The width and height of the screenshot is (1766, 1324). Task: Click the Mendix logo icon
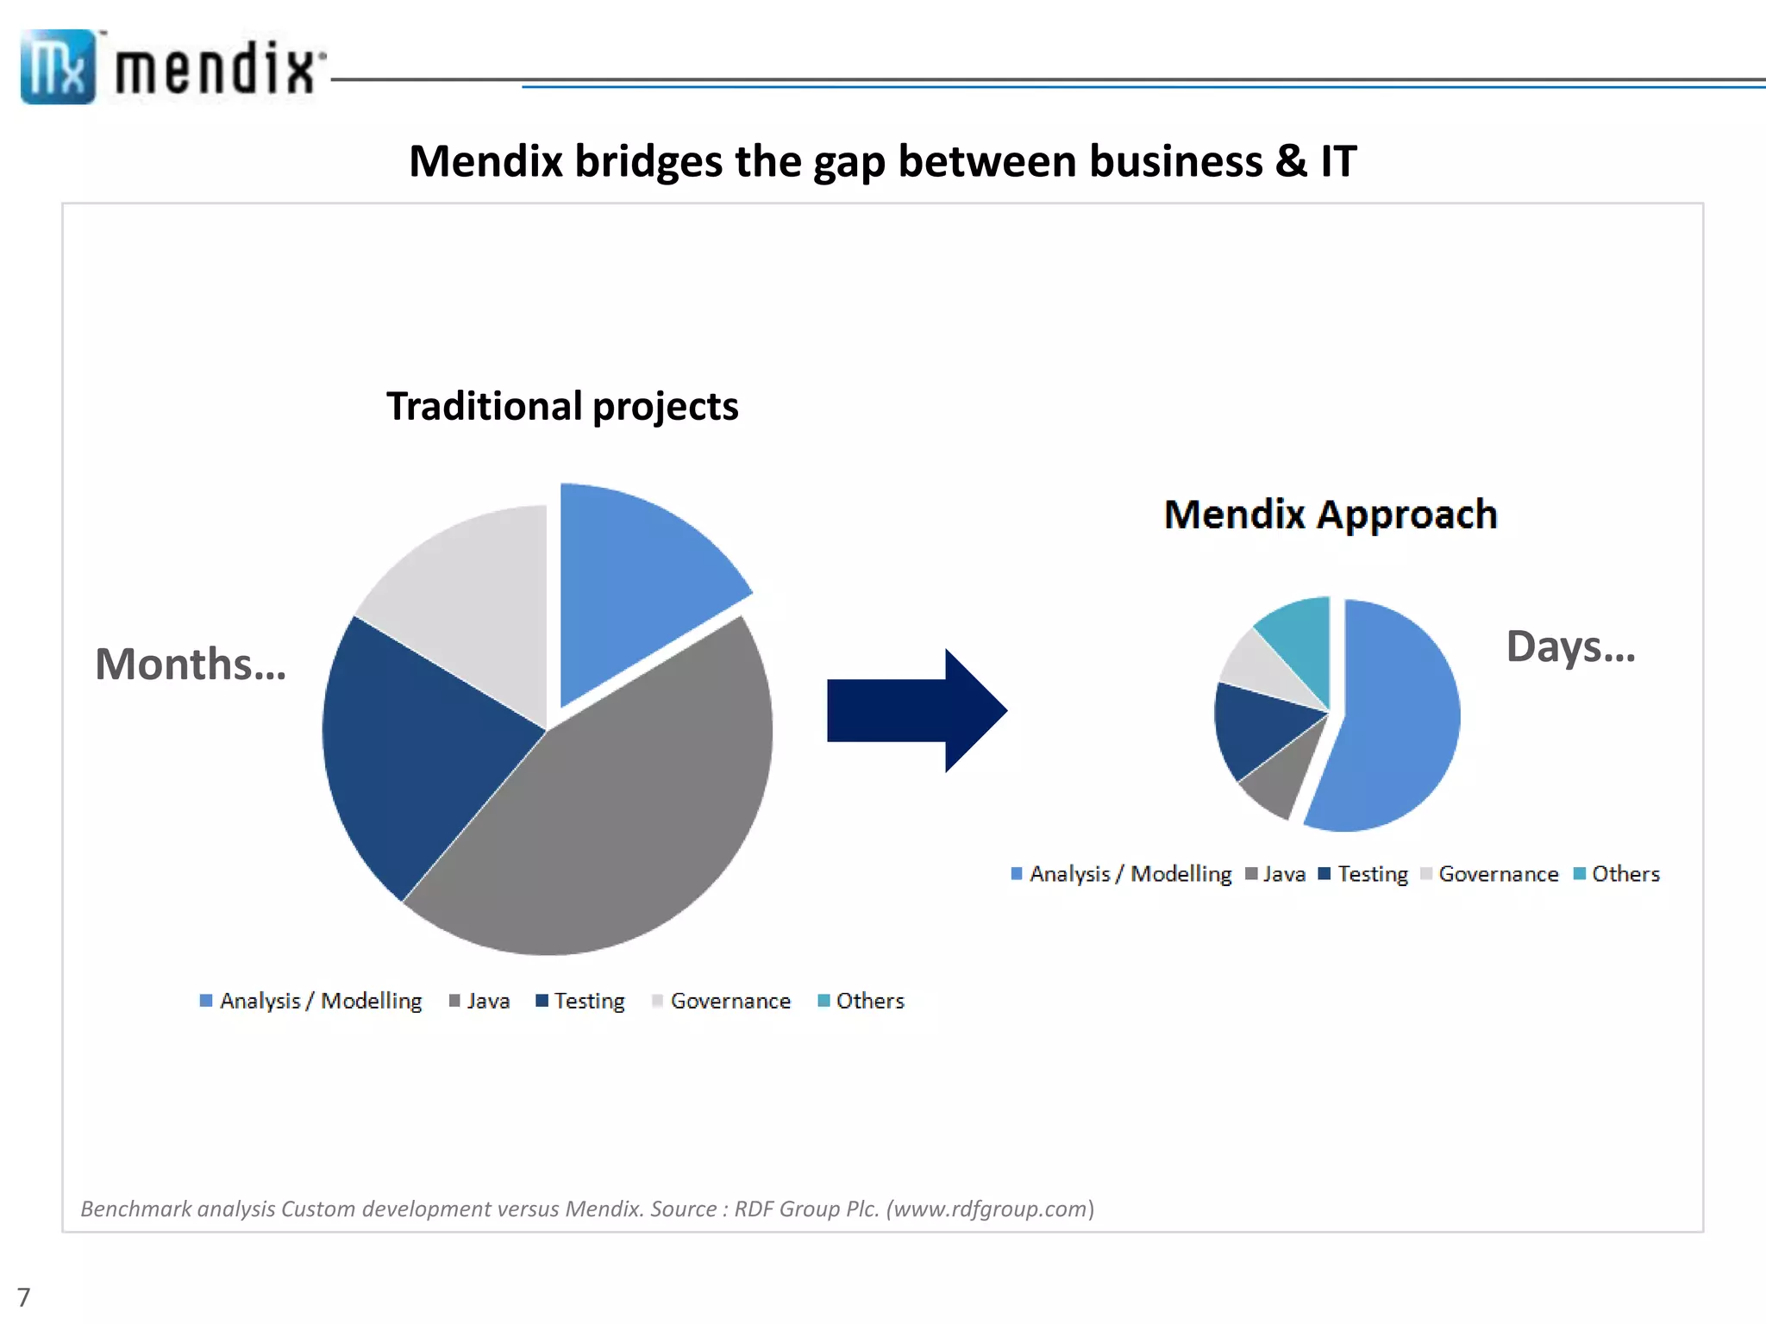[x=57, y=67]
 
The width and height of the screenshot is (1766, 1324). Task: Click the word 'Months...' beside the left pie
[x=190, y=665]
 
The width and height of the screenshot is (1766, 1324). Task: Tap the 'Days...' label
[x=1569, y=646]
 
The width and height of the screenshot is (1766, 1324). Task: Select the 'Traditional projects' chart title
[x=562, y=406]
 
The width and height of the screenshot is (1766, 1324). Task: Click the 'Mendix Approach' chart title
[x=1331, y=515]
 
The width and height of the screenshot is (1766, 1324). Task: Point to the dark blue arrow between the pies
[x=914, y=710]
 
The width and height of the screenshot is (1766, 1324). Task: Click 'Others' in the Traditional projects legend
[x=869, y=1001]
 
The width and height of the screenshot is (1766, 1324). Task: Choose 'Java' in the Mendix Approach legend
[x=1284, y=874]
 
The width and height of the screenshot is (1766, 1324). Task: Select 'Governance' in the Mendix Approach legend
[x=1498, y=874]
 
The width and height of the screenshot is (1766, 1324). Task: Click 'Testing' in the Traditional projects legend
[x=589, y=1001]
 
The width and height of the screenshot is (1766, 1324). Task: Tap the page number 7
[x=23, y=1297]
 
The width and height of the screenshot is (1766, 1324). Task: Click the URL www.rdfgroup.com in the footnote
[x=990, y=1208]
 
